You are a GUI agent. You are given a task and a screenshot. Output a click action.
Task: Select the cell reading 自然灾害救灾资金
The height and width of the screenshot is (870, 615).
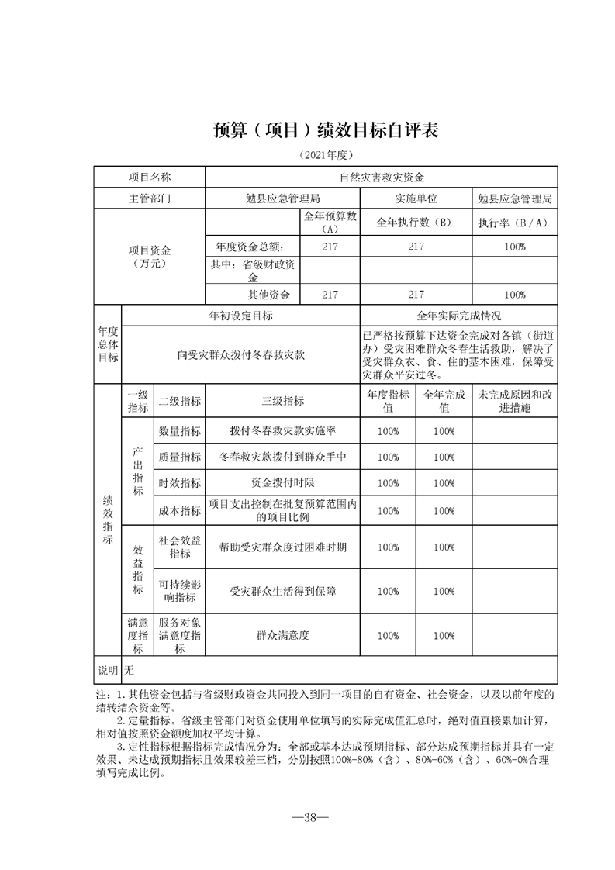pos(382,178)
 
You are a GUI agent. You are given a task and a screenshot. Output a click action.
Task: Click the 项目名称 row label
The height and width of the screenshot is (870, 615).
pos(150,178)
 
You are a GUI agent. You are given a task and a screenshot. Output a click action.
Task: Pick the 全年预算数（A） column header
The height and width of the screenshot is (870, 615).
pos(330,223)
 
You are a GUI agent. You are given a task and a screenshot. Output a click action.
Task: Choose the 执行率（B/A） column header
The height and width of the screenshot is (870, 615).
pos(513,223)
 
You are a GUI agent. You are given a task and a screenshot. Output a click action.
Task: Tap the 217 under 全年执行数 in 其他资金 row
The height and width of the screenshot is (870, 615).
pos(416,295)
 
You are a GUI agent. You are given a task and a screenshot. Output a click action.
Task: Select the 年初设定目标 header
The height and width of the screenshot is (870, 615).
pos(241,316)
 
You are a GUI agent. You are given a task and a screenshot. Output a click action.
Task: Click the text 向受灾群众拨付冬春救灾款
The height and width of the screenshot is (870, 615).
pos(241,354)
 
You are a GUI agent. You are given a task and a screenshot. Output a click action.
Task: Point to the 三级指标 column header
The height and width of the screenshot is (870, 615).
pos(283,401)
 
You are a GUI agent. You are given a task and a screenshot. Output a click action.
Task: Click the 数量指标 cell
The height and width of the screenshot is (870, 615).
pos(180,430)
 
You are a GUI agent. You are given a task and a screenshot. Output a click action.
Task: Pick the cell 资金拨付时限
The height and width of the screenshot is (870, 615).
pos(283,482)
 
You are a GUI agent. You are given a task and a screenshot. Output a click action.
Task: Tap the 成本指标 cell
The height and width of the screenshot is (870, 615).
pos(180,510)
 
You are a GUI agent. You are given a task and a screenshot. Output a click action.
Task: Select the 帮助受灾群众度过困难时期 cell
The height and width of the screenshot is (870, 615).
pos(283,547)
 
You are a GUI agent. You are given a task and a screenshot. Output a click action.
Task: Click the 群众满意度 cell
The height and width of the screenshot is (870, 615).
pos(283,635)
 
